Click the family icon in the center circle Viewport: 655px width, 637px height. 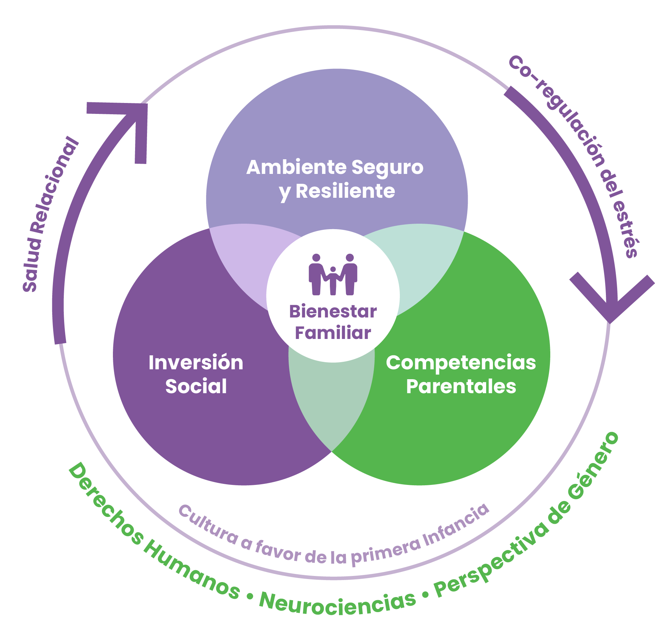[x=333, y=275]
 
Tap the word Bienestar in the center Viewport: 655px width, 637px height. [x=333, y=312]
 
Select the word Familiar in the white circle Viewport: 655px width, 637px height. [x=333, y=333]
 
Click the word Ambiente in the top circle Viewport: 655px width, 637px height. [x=296, y=168]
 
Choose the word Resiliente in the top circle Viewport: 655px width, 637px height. [x=345, y=191]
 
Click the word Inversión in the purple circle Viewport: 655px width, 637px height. [x=196, y=362]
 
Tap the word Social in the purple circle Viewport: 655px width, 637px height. [x=196, y=386]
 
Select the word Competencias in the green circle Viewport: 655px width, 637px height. [x=461, y=362]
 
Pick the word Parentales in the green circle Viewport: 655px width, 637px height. [x=461, y=386]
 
